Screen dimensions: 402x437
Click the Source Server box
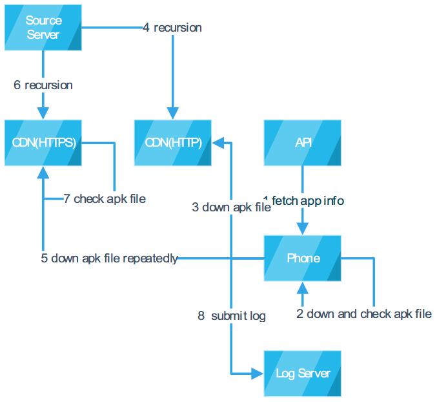(43, 28)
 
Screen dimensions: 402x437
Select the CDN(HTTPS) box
(43, 143)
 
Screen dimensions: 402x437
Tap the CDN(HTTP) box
(172, 143)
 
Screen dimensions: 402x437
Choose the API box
(303, 143)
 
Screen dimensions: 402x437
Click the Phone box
(303, 259)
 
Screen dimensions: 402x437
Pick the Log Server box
(303, 373)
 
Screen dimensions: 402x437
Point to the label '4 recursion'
(172, 28)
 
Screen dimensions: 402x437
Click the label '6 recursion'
(43, 85)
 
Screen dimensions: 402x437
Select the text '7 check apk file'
(105, 199)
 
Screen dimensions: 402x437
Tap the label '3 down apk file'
(231, 207)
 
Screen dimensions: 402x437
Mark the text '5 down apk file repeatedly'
(109, 259)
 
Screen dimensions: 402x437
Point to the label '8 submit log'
(232, 316)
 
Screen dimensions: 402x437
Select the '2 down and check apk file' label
(364, 315)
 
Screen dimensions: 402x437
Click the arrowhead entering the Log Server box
(258, 373)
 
